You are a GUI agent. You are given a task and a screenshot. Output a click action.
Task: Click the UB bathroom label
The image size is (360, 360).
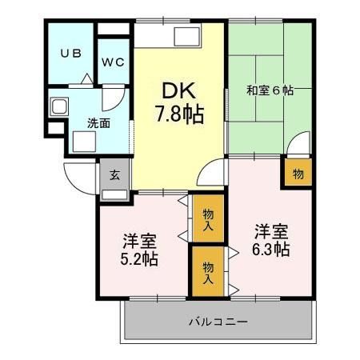[x=70, y=54]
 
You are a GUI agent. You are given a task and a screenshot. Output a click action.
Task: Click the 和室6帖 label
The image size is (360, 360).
[x=270, y=90]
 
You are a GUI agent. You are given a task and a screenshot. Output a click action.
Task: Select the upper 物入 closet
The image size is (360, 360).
[x=208, y=219]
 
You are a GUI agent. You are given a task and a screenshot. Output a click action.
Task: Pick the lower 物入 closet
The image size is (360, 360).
[x=208, y=272]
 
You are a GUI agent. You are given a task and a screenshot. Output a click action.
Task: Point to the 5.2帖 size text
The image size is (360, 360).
[x=139, y=259]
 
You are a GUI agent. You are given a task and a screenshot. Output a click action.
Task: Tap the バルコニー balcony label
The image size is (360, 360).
[x=218, y=321]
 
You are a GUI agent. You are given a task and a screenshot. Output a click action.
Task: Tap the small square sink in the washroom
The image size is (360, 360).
[x=58, y=107]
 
